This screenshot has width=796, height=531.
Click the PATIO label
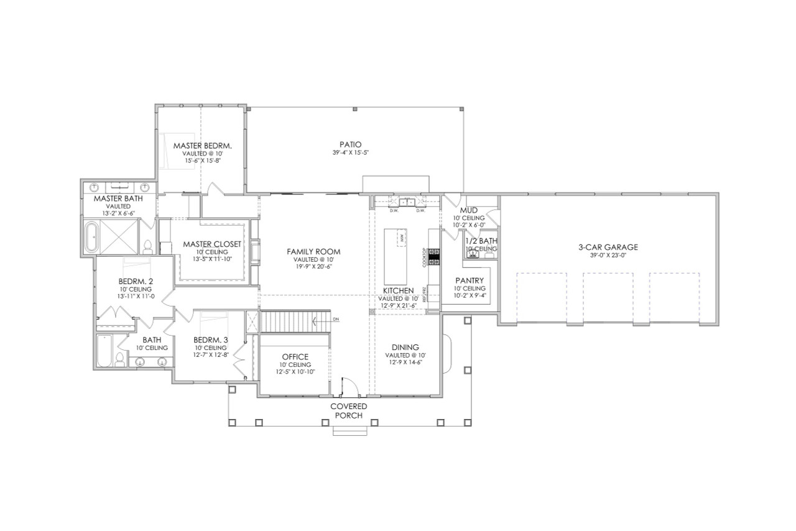click(351, 144)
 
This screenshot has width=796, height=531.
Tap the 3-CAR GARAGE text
click(608, 247)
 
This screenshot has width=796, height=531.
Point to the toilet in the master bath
click(148, 247)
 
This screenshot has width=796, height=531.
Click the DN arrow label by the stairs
click(336, 320)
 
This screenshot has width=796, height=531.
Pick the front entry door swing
click(349, 386)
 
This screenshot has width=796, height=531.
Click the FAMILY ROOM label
click(313, 251)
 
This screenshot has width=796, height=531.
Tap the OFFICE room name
click(295, 356)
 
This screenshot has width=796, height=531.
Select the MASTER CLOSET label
click(211, 244)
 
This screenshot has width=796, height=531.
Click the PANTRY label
click(470, 280)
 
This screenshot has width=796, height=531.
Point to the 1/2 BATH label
click(481, 241)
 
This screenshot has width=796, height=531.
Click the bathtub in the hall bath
click(104, 351)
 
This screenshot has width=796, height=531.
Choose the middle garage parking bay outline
click(608, 297)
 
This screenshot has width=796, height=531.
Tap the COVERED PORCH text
click(348, 410)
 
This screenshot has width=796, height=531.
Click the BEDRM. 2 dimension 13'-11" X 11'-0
click(136, 297)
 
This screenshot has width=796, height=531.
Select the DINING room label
click(405, 347)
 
